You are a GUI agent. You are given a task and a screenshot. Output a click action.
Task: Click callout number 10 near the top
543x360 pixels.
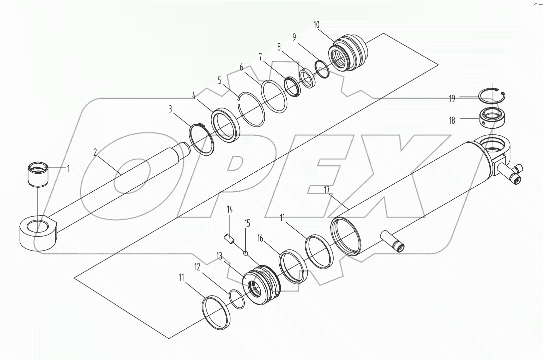(316, 25)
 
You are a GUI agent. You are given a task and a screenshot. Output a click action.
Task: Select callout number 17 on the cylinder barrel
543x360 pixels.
(326, 190)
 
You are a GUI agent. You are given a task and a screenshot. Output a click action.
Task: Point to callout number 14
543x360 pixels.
(230, 210)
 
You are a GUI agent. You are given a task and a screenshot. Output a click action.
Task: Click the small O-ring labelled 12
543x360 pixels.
(237, 298)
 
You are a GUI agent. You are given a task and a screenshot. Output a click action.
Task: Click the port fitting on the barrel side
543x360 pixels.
(396, 245)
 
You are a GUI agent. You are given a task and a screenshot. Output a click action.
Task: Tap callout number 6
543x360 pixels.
(241, 67)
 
